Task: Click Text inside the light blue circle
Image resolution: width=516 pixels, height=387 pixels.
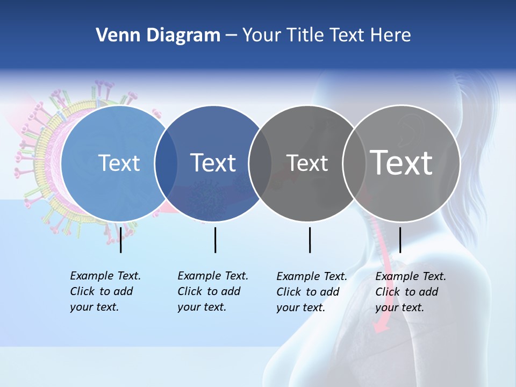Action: click(x=119, y=163)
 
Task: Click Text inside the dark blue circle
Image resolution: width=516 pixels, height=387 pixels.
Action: click(x=213, y=163)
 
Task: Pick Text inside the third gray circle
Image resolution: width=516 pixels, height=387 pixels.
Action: click(x=307, y=163)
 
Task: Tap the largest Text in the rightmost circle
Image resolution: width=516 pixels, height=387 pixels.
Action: click(x=402, y=163)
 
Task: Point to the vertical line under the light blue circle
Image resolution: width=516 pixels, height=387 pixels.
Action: click(x=121, y=240)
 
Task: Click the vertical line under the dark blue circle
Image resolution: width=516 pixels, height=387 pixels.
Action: click(x=215, y=240)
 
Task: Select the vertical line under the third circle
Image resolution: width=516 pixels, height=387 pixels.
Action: click(x=310, y=240)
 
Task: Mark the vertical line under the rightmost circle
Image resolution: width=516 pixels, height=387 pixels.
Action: click(x=400, y=240)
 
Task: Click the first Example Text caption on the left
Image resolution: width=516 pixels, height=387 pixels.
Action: click(x=105, y=291)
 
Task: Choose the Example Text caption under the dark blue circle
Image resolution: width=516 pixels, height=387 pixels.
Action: click(x=213, y=291)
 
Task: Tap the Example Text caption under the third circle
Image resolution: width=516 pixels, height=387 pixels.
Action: click(x=312, y=292)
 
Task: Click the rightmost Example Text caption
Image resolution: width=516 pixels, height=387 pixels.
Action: click(x=411, y=292)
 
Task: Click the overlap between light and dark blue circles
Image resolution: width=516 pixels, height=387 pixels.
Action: click(x=166, y=163)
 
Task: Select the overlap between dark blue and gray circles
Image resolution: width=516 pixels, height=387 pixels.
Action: click(x=260, y=163)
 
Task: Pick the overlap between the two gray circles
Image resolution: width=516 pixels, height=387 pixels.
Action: click(x=352, y=163)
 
